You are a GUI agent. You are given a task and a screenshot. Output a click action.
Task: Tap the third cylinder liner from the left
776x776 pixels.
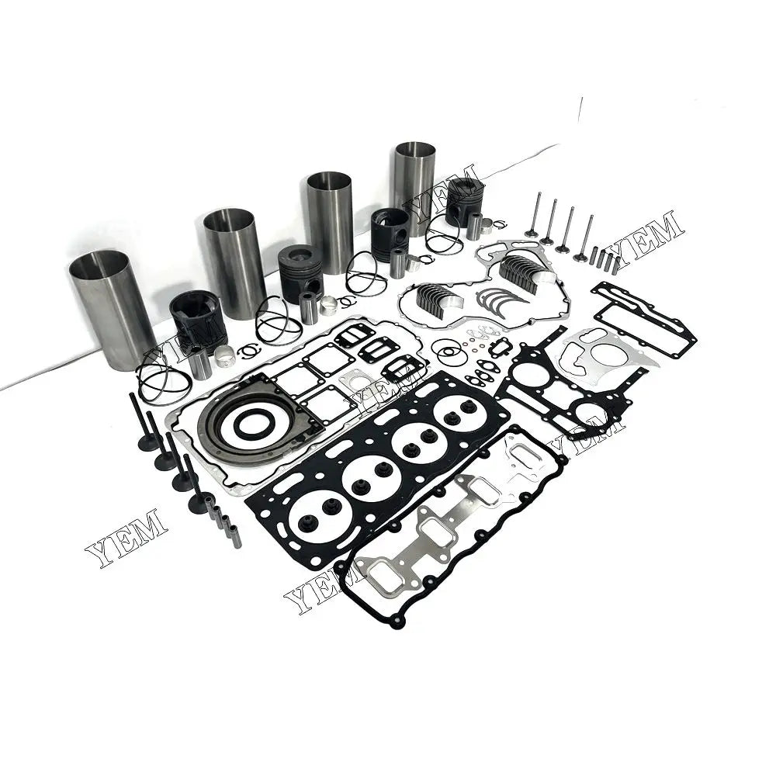click(x=330, y=221)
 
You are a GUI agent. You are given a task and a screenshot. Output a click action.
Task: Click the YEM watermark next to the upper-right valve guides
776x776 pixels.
click(x=648, y=234)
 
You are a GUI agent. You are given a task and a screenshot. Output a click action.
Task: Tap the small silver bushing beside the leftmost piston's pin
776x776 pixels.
click(x=225, y=356)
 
